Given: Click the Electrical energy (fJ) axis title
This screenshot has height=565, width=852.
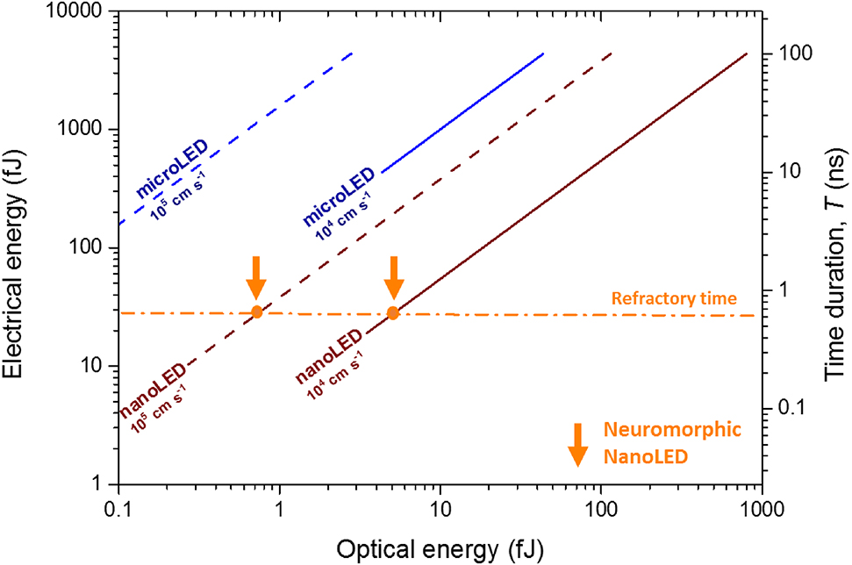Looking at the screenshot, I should coord(19,248).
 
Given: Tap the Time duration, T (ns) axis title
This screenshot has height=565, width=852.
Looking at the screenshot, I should coord(833,248).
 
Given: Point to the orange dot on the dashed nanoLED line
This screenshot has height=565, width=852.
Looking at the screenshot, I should coord(256,312).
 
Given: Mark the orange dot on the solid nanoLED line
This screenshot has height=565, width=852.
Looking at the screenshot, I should coord(394,313).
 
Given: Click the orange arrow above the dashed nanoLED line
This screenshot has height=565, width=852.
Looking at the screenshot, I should coord(255,278).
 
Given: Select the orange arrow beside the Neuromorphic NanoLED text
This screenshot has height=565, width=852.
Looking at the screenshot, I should coord(577,444).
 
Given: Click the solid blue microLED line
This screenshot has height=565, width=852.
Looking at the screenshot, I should coord(465,109).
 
